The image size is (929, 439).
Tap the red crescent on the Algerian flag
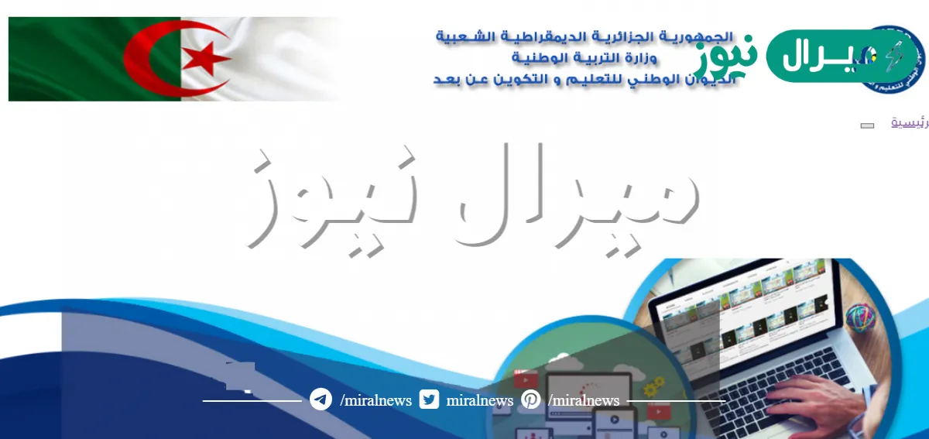(x=147, y=59)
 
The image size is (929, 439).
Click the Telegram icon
(x=321, y=400)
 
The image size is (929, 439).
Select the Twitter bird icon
(x=429, y=400)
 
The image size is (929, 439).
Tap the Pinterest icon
(x=531, y=400)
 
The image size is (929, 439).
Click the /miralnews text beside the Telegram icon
(x=375, y=400)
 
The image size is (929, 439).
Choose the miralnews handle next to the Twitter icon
(x=480, y=400)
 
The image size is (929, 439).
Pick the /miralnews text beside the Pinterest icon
(x=584, y=400)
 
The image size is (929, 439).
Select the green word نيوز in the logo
(x=725, y=57)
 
